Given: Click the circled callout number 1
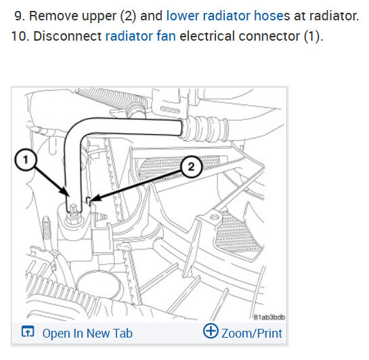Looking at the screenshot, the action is (26, 160).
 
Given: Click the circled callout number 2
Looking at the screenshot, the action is (191, 167).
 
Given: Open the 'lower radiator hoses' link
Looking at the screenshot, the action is (228, 16).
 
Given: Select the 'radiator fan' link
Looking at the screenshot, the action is (141, 37).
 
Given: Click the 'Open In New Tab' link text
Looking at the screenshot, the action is (87, 334).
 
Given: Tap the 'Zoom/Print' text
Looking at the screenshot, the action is (252, 334).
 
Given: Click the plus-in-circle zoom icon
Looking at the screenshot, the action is (211, 331).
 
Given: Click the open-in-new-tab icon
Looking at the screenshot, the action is (28, 332).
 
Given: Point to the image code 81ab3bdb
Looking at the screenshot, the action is (269, 317).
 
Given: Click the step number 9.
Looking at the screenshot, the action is (20, 16).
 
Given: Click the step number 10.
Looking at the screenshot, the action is (20, 37).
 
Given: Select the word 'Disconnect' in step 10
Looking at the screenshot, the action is (67, 37).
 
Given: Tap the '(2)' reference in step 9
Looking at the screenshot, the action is (128, 16).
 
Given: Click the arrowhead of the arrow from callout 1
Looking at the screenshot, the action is (66, 191).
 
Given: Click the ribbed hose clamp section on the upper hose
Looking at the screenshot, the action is (204, 129).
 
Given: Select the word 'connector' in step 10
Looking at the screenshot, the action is (269, 37).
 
